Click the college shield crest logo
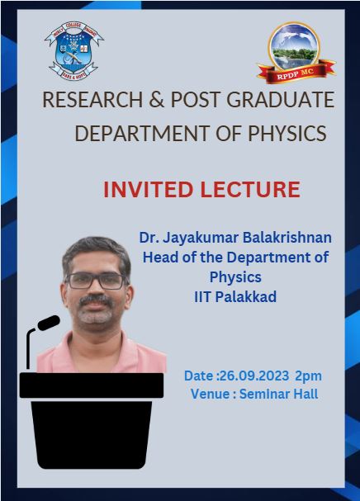coord(73,51)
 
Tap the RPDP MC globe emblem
coord(296,53)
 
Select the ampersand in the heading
coord(156,99)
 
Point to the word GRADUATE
coord(281,99)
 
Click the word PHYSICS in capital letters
coord(287,133)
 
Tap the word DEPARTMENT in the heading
coord(142,133)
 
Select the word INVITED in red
coord(148,190)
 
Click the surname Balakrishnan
coord(287,238)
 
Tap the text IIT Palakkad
coord(235,297)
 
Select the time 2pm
coord(308,376)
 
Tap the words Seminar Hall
coord(279,394)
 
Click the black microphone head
coord(49,323)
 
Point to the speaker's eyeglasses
coord(96,281)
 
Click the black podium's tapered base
coord(92,435)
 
